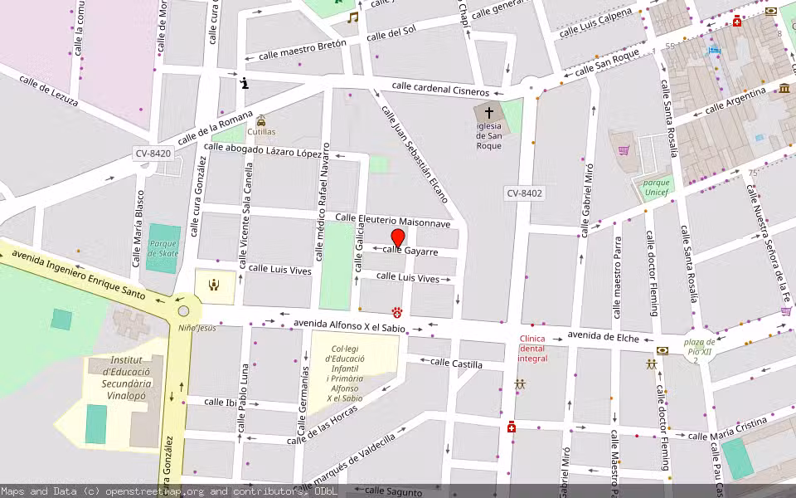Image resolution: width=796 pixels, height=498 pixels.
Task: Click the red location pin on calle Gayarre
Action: pyautogui.click(x=397, y=238)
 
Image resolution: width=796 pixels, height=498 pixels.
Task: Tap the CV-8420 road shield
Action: pyautogui.click(x=153, y=154)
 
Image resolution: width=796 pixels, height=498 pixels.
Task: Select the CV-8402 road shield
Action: pyautogui.click(x=524, y=193)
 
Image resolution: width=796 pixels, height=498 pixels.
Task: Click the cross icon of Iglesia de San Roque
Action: pyautogui.click(x=489, y=113)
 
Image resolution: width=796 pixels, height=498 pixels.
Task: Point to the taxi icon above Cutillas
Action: pyautogui.click(x=261, y=120)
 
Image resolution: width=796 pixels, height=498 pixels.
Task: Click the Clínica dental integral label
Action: pyautogui.click(x=532, y=349)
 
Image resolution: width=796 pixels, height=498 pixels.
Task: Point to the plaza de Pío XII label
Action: pyautogui.click(x=699, y=347)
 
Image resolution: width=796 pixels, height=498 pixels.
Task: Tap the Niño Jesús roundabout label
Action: pyautogui.click(x=197, y=328)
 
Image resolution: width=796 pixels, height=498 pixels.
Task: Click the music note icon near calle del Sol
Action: pyautogui.click(x=353, y=17)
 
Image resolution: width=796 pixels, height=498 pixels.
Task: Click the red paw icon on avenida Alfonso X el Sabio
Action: pyautogui.click(x=398, y=312)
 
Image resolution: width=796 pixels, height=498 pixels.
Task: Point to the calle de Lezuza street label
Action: pyautogui.click(x=51, y=90)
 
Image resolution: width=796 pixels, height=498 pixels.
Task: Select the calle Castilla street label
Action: pyautogui.click(x=456, y=364)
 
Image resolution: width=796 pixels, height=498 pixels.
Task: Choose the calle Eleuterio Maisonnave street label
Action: pyautogui.click(x=393, y=221)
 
